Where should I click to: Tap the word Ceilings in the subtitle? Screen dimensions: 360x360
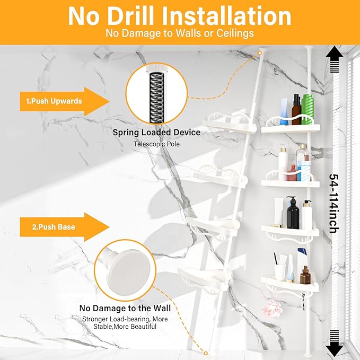[235, 33]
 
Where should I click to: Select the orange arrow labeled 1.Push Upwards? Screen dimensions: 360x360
[65, 101]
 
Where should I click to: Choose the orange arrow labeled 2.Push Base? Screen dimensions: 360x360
[65, 227]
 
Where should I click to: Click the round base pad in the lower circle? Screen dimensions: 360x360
[129, 267]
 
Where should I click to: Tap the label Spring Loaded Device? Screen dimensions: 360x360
[156, 133]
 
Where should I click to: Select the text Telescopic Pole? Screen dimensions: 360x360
[156, 144]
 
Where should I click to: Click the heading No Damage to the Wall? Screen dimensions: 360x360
[125, 308]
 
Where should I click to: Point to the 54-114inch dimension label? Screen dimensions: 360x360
[334, 204]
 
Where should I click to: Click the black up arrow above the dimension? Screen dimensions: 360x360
[334, 59]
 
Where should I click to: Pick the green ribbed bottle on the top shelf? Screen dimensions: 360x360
[308, 109]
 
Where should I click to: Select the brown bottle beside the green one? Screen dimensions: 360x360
[296, 110]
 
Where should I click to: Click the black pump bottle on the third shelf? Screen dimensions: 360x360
[293, 213]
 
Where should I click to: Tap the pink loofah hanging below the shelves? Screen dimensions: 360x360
[273, 309]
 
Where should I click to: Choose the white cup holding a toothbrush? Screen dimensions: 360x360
[280, 273]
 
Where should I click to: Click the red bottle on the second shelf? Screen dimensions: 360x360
[292, 173]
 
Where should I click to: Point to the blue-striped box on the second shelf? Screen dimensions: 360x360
[303, 171]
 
